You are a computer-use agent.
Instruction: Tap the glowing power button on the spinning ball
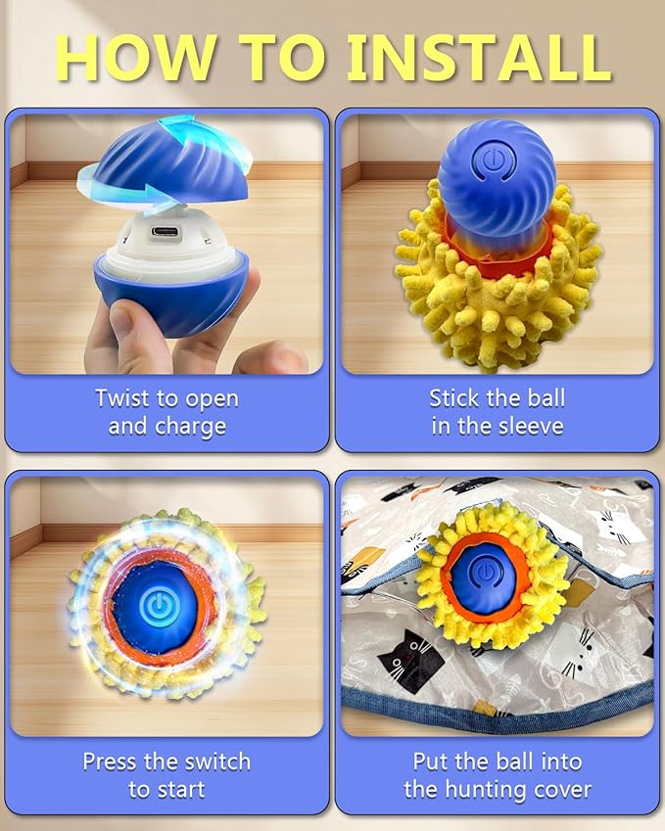coord(157,606)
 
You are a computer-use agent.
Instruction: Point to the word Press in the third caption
coord(110,761)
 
